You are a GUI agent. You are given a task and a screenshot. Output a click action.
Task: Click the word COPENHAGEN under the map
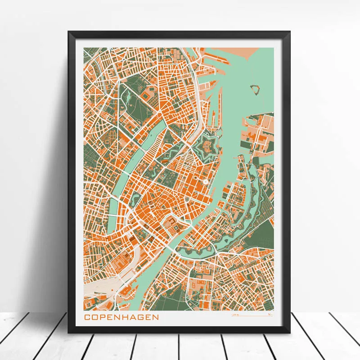pos(121,317)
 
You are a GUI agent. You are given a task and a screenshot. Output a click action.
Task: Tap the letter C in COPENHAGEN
pos(87,317)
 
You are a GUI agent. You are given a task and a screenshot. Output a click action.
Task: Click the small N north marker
pos(269,315)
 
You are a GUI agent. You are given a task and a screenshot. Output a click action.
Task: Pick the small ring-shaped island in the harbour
pos(256,88)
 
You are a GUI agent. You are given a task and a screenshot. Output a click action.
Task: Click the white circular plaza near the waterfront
pos(205,182)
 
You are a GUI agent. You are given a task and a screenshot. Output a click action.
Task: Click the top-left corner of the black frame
pos(68,31)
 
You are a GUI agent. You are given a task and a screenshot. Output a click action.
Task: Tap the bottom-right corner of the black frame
pos(289,333)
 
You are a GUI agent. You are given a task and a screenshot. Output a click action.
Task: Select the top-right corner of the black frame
pos(289,31)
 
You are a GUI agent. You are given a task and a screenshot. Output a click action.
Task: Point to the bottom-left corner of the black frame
pos(68,333)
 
